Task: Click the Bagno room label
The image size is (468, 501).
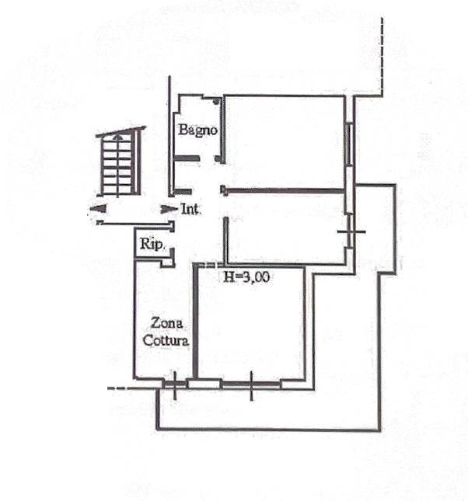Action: [x=197, y=130]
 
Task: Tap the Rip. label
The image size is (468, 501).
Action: [x=152, y=245]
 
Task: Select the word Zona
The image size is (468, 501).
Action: [x=166, y=323]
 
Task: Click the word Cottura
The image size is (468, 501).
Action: [x=166, y=340]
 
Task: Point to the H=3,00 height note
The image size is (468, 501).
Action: [x=246, y=277]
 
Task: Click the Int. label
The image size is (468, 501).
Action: [x=191, y=210]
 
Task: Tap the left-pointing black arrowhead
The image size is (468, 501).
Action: [x=98, y=208]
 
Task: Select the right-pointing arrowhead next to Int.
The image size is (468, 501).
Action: [x=169, y=209]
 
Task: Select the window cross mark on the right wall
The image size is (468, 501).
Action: [x=351, y=231]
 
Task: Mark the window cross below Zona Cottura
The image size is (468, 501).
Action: [x=175, y=385]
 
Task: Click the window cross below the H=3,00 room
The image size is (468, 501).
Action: [x=251, y=385]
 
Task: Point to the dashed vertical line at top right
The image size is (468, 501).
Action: [x=382, y=57]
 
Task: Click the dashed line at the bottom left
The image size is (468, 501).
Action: [x=117, y=388]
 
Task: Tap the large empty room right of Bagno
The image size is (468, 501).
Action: [x=285, y=142]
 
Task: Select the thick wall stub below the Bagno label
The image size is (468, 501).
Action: [x=187, y=158]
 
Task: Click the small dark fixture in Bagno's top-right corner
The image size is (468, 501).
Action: [x=216, y=101]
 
